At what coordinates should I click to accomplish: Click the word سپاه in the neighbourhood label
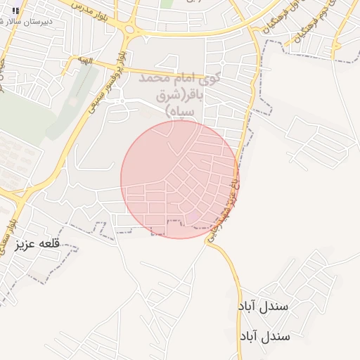[180, 112]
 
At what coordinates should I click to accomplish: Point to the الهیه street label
[86, 62]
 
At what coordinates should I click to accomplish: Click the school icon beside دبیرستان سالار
[15, 11]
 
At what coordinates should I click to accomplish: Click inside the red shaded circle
[179, 179]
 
